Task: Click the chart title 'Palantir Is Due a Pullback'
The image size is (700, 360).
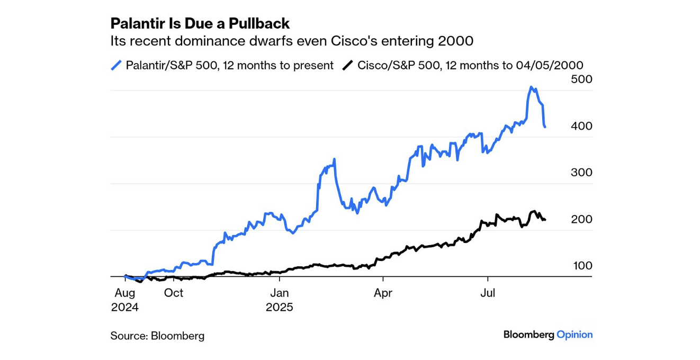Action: click(x=200, y=23)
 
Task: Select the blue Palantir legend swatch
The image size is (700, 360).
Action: click(x=116, y=65)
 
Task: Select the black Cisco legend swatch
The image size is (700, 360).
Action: click(x=347, y=65)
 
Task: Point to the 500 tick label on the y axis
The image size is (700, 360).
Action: click(x=582, y=79)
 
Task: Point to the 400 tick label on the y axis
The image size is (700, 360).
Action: click(x=582, y=126)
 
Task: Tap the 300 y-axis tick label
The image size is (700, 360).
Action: click(x=582, y=173)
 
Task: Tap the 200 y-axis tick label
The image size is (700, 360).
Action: click(x=582, y=219)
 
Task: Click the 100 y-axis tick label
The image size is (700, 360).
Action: click(x=582, y=266)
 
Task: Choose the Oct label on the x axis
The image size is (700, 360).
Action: click(x=174, y=293)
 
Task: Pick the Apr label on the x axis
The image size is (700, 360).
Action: click(x=383, y=293)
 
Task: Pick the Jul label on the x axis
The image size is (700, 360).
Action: click(x=487, y=293)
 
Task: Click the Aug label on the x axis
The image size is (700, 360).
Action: click(x=124, y=293)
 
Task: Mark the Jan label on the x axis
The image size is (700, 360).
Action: click(x=279, y=293)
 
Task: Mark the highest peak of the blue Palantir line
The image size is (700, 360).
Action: click(x=532, y=87)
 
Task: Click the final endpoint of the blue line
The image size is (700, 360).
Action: click(x=545, y=127)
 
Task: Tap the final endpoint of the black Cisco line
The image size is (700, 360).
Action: click(x=545, y=220)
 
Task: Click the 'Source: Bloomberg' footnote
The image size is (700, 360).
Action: click(x=157, y=336)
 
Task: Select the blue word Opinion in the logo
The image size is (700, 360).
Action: click(x=575, y=335)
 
